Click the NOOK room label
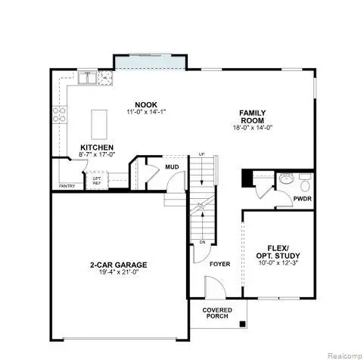click(x=140, y=104)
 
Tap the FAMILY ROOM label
click(x=253, y=116)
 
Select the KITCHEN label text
click(x=98, y=147)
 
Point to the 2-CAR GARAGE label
click(x=117, y=265)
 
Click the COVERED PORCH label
click(x=217, y=314)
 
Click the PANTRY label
click(x=67, y=186)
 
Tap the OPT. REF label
click(x=97, y=181)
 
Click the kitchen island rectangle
click(x=99, y=122)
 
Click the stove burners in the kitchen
click(x=59, y=115)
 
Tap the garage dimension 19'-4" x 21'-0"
click(x=117, y=273)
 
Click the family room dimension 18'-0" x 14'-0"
click(x=253, y=128)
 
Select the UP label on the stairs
click(x=201, y=155)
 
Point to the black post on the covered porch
click(x=241, y=324)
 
